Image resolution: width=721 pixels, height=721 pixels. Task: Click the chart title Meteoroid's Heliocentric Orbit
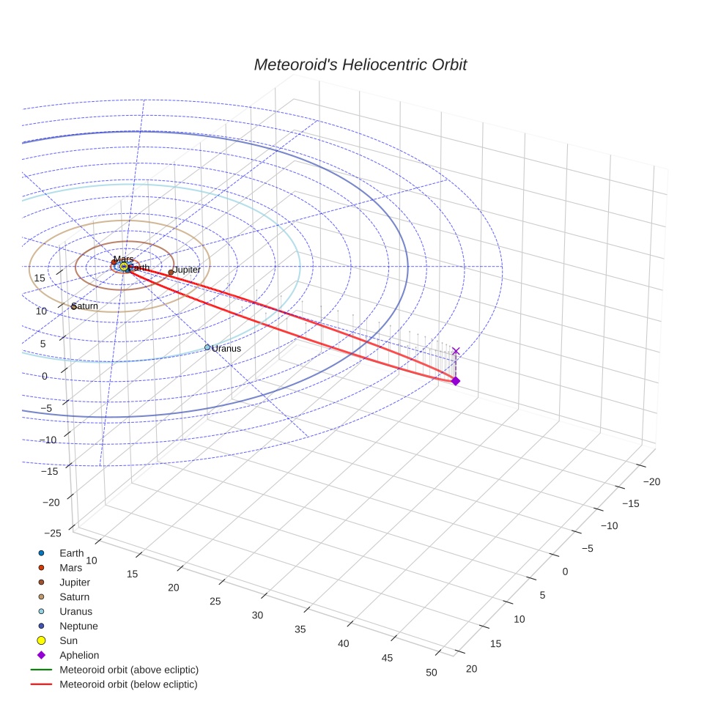[x=360, y=65]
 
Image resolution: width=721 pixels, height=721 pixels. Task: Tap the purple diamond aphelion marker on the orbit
[x=455, y=381]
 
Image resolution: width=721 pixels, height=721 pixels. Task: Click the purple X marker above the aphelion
[x=456, y=352]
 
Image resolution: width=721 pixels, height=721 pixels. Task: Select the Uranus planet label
[x=226, y=349]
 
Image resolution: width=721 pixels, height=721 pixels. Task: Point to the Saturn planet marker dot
[x=74, y=306]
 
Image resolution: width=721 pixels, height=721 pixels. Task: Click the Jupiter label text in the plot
[x=187, y=270]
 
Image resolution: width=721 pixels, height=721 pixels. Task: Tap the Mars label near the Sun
[x=124, y=259]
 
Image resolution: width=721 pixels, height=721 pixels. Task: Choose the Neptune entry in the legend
[x=78, y=626]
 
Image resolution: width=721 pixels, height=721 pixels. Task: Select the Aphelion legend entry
[x=78, y=655]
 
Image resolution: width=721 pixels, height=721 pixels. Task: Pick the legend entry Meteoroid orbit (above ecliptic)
[x=128, y=670]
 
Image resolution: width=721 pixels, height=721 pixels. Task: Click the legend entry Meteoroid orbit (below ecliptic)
[x=128, y=684]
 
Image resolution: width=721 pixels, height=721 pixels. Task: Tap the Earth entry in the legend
[x=72, y=553]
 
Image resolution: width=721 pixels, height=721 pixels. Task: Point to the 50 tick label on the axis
[x=432, y=673]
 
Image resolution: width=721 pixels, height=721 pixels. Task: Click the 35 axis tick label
[x=300, y=629]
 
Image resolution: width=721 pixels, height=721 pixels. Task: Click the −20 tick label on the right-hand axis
[x=650, y=481]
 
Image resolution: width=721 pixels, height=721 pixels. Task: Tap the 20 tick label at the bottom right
[x=472, y=668]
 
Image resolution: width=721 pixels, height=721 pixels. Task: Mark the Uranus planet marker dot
[x=207, y=347]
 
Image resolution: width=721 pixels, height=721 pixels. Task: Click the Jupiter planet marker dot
[x=171, y=273]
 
